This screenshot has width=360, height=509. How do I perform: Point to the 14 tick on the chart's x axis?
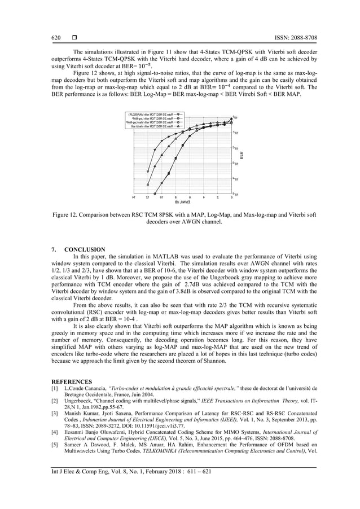click(x=134, y=198)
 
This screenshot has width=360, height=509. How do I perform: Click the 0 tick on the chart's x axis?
click(x=231, y=198)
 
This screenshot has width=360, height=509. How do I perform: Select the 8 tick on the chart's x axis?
click(x=175, y=198)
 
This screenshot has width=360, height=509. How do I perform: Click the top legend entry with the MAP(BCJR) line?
click(x=153, y=114)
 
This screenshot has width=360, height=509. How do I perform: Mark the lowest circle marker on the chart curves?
click(x=155, y=193)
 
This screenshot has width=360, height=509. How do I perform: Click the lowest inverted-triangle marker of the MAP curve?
click(x=148, y=172)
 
